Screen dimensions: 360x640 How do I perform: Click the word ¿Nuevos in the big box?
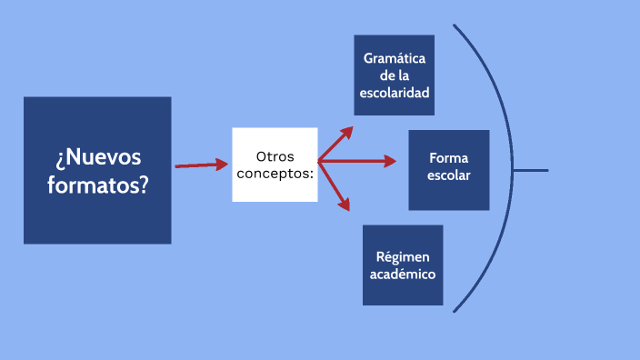[x=97, y=157]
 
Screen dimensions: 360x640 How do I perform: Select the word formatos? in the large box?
[x=97, y=184]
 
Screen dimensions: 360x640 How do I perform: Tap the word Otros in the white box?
[x=275, y=156]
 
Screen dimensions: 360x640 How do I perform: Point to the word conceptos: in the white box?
[x=275, y=173]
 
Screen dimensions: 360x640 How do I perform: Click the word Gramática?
[x=395, y=58]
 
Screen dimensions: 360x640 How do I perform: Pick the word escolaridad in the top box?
[x=395, y=93]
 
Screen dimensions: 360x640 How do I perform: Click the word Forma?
[x=449, y=158]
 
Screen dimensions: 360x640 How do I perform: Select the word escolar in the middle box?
[x=449, y=175]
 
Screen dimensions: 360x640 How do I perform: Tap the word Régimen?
[x=403, y=256]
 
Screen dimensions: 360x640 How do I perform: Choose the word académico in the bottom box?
[x=403, y=274]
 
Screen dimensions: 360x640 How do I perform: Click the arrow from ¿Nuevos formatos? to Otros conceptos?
[x=201, y=165]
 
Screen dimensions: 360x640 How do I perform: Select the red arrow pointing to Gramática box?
[x=335, y=144]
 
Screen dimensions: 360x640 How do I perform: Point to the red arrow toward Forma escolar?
[x=359, y=162]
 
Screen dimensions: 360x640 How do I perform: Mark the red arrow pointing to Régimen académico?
[x=335, y=186]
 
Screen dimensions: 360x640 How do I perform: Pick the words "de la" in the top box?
[x=395, y=75]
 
